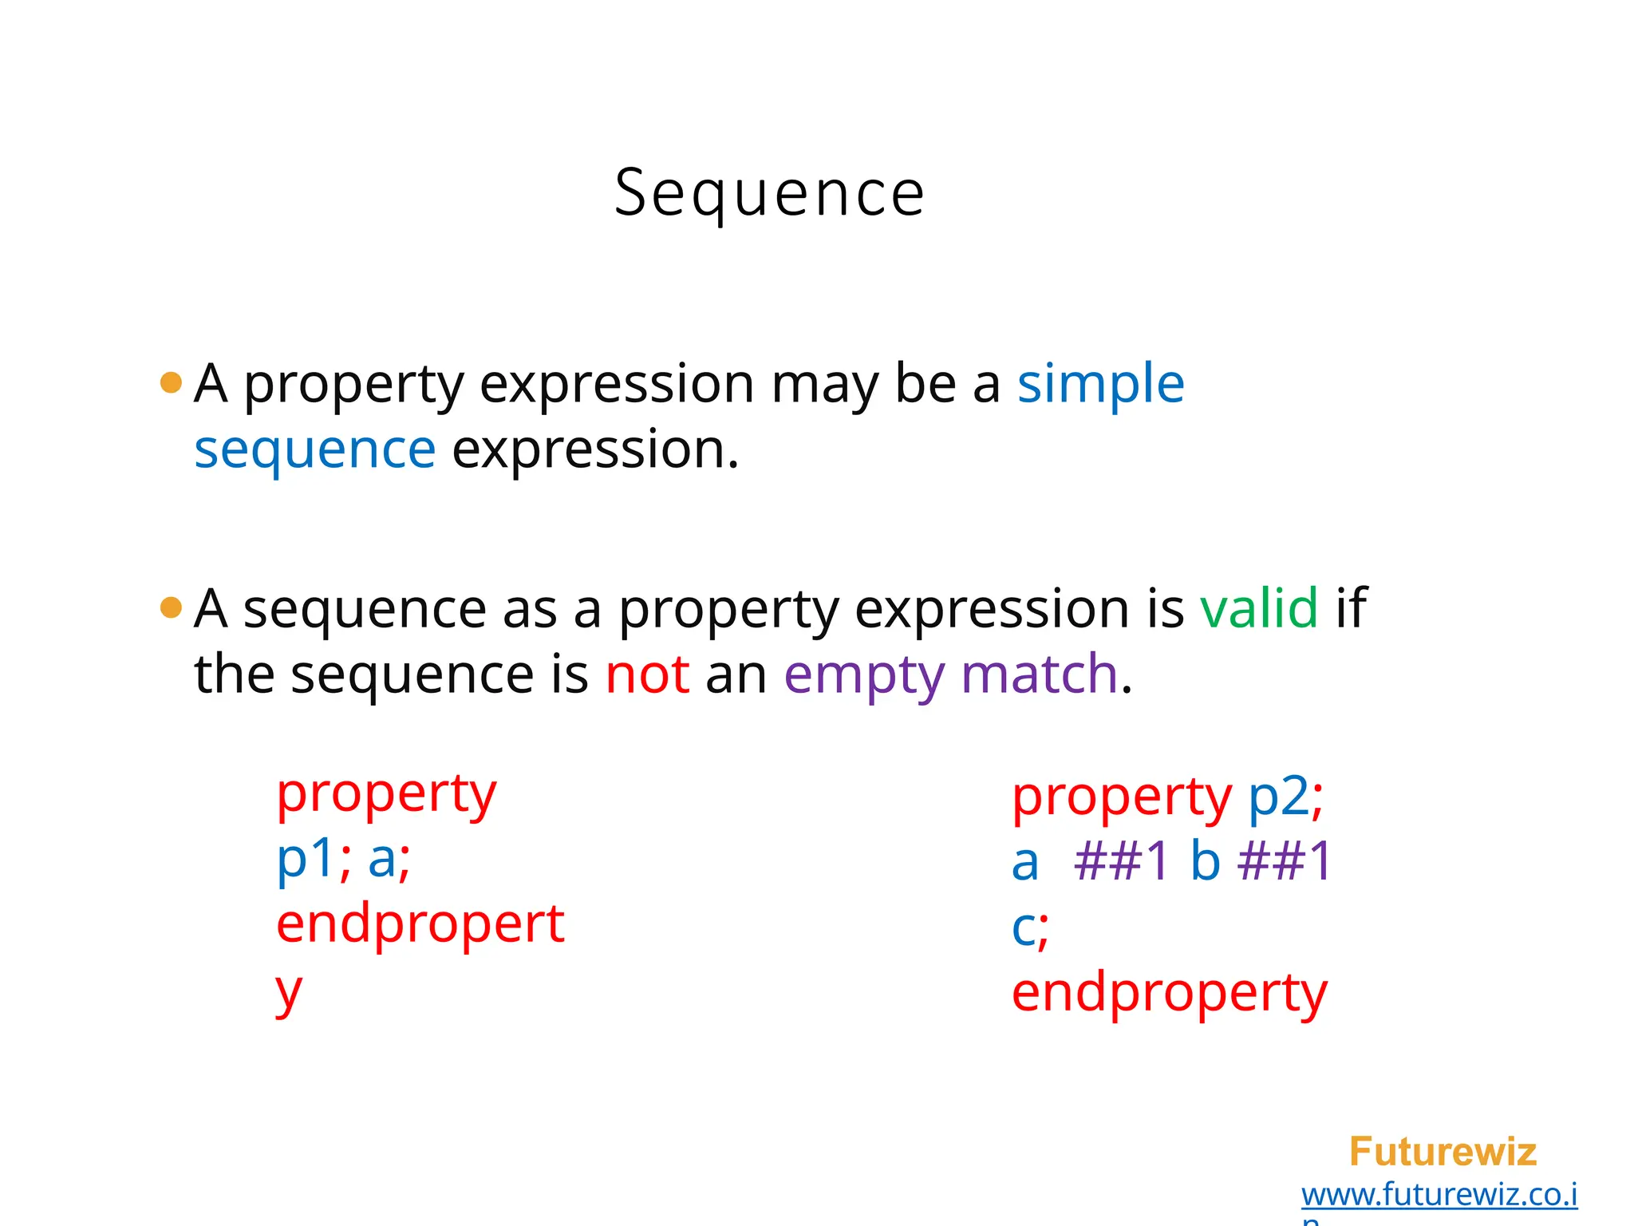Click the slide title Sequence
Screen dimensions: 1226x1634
point(769,194)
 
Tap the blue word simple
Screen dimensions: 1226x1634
point(1100,384)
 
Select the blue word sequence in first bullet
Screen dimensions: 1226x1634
point(315,449)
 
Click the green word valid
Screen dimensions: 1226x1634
point(1259,608)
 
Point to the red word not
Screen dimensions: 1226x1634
point(647,674)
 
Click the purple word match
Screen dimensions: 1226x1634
point(1040,674)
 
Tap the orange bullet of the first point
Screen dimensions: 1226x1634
point(171,383)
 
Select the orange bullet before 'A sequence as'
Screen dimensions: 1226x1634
point(171,608)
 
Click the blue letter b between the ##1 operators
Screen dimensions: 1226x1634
point(1205,861)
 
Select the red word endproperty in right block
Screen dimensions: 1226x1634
point(1169,995)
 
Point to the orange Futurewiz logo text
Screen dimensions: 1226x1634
point(1443,1152)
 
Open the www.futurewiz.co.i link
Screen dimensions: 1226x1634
point(1439,1195)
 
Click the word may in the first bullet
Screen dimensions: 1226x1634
point(824,386)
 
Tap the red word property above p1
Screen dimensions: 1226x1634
point(386,795)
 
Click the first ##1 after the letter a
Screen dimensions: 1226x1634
point(1121,861)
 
